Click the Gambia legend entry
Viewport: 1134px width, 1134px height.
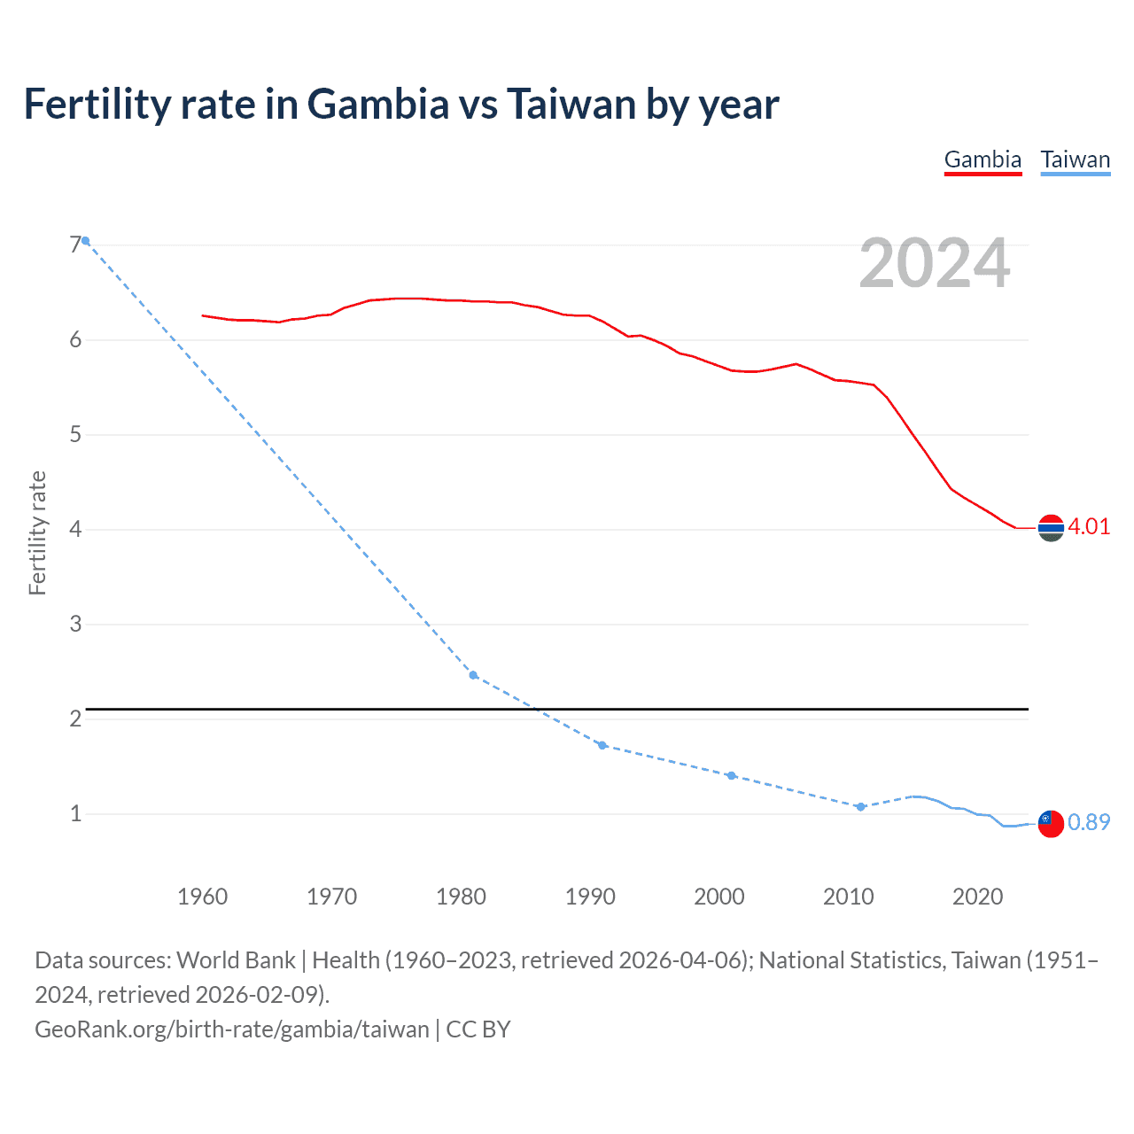pyautogui.click(x=983, y=160)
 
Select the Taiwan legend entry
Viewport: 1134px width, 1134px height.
pyautogui.click(x=1075, y=160)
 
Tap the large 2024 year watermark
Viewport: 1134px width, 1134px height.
pyautogui.click(x=934, y=263)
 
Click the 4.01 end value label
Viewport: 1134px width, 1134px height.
pyautogui.click(x=1088, y=526)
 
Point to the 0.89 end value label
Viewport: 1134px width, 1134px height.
pyautogui.click(x=1088, y=822)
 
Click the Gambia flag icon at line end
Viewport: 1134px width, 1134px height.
pyautogui.click(x=1051, y=528)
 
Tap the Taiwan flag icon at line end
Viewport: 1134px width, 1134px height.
pyautogui.click(x=1051, y=823)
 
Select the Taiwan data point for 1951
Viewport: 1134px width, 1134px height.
pyautogui.click(x=86, y=241)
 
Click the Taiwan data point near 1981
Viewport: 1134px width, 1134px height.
pyautogui.click(x=473, y=675)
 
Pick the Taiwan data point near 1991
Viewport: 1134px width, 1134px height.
pyautogui.click(x=602, y=745)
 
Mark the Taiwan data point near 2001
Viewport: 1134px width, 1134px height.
pyautogui.click(x=731, y=775)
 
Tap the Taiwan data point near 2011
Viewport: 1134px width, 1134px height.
pyautogui.click(x=860, y=806)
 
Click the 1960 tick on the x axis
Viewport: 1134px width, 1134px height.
pyautogui.click(x=203, y=897)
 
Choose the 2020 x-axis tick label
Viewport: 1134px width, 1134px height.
pyautogui.click(x=977, y=897)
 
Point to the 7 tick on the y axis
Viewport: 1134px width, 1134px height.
pyautogui.click(x=75, y=245)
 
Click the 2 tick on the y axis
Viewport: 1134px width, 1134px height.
pyautogui.click(x=75, y=718)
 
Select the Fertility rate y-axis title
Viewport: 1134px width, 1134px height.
pyautogui.click(x=37, y=532)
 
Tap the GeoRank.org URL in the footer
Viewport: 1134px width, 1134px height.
pyautogui.click(x=231, y=1029)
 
